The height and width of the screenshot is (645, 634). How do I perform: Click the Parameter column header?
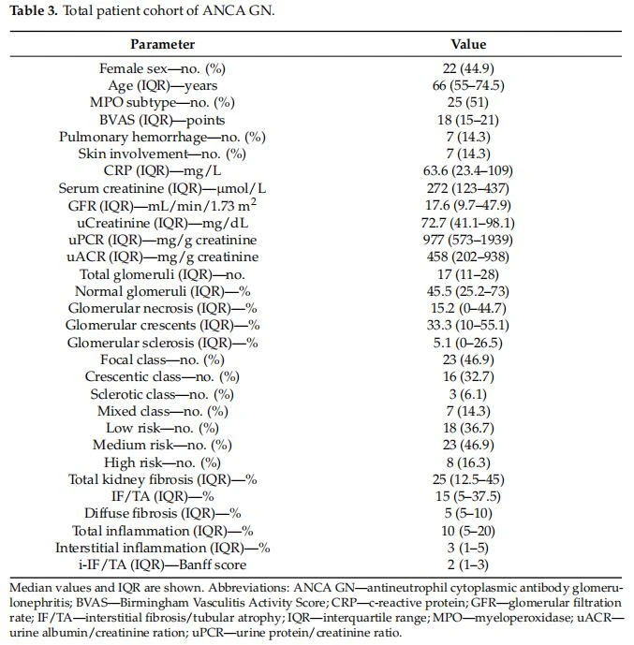tap(163, 44)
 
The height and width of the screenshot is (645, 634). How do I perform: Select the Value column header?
tap(468, 44)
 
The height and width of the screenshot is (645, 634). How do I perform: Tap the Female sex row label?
tap(162, 68)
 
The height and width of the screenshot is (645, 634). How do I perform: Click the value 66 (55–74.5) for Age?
tap(468, 85)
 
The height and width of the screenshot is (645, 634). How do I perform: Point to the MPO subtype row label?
tap(162, 102)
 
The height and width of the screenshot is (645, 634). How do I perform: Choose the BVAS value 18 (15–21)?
tap(468, 120)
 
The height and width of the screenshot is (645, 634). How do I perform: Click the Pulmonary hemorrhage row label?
tap(162, 137)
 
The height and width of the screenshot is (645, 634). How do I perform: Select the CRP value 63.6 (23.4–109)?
tap(468, 170)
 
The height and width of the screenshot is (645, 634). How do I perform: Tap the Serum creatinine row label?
tap(162, 188)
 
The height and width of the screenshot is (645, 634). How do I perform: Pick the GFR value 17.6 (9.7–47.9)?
tap(468, 205)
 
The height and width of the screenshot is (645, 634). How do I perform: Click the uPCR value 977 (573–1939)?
tap(468, 240)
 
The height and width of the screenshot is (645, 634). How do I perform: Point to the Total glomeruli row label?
tap(162, 274)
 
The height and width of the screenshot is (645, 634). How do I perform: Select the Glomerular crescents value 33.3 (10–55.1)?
tap(468, 325)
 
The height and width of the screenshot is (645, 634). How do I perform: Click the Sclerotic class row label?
tap(162, 394)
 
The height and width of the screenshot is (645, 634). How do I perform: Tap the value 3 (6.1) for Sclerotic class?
tap(468, 394)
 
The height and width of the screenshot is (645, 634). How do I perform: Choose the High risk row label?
tap(162, 462)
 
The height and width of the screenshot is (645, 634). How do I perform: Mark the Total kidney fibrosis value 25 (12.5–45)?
tap(468, 479)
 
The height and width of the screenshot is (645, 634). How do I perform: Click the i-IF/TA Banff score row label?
tap(162, 564)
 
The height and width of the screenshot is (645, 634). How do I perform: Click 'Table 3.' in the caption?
tap(34, 10)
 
